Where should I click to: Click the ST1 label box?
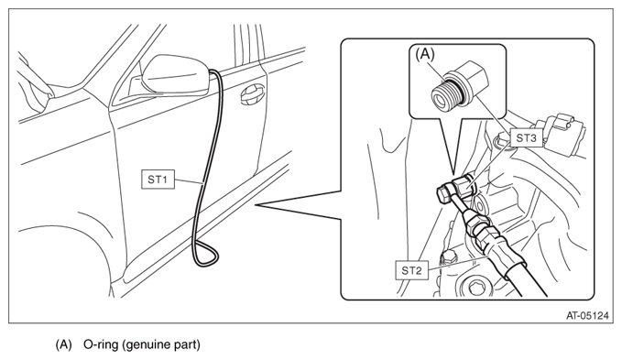click(x=158, y=180)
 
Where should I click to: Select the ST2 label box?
click(x=411, y=270)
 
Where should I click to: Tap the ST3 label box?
click(x=526, y=138)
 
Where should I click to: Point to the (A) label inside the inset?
click(x=425, y=54)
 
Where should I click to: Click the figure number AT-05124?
click(x=587, y=316)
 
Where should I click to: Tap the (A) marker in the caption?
click(x=63, y=344)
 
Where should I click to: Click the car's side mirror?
click(x=175, y=74)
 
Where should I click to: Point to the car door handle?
click(x=252, y=95)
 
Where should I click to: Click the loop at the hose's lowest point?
click(x=205, y=254)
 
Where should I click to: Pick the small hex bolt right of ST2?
click(x=447, y=256)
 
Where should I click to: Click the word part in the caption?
click(x=187, y=345)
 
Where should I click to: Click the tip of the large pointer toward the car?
click(x=255, y=205)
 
